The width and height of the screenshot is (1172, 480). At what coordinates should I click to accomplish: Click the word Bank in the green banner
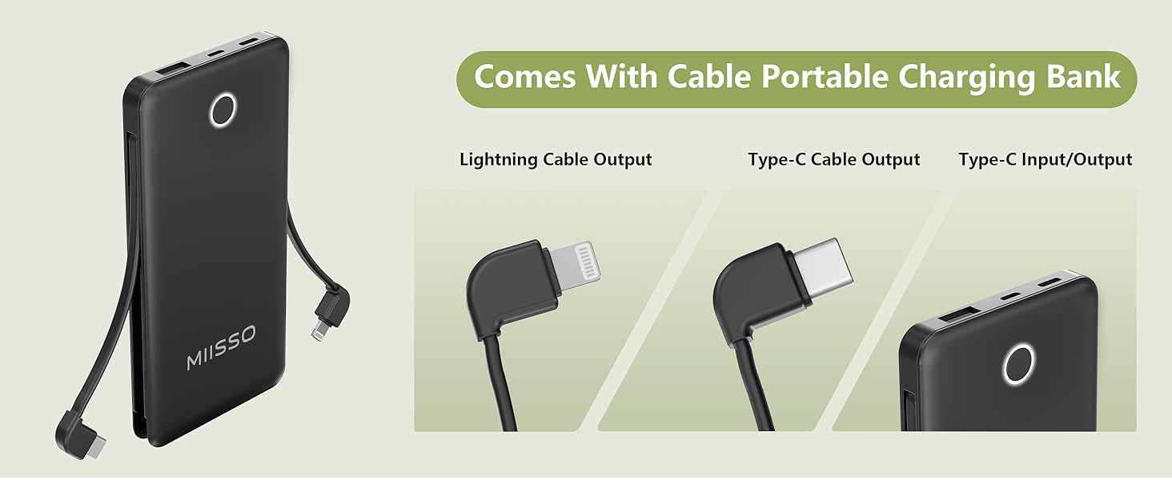pos(1088,77)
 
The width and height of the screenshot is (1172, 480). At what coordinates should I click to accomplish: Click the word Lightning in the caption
pos(499,159)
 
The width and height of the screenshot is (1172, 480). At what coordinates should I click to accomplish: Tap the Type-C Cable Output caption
pos(833,159)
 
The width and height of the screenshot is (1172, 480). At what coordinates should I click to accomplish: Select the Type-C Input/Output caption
pos(1045,159)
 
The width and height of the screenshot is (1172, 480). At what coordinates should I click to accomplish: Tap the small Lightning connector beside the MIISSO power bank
pos(319,330)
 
